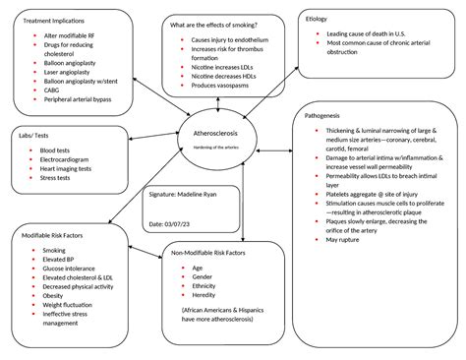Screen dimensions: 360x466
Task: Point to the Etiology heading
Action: click(x=317, y=18)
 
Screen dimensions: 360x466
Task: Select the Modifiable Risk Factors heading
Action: click(x=61, y=236)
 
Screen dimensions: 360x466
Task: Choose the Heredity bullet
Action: click(x=205, y=295)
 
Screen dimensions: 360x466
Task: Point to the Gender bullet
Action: click(x=203, y=277)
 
